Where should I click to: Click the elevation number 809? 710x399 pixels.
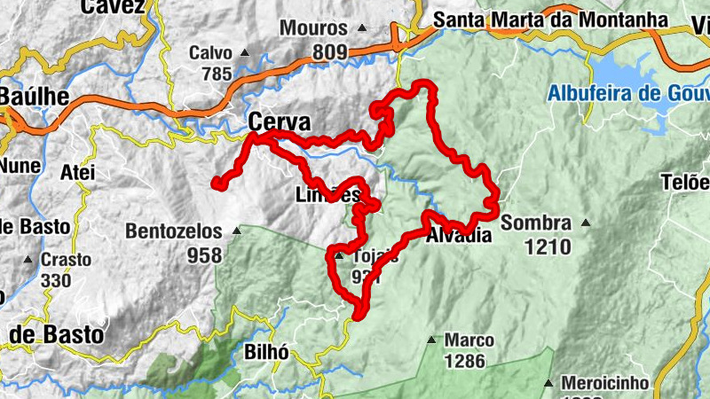[329, 53]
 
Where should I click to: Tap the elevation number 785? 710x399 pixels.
[217, 74]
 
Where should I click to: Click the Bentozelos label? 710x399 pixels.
[174, 231]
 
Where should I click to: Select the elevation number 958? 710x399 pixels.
[204, 255]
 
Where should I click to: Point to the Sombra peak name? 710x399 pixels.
[535, 223]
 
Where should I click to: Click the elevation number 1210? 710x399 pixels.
[548, 247]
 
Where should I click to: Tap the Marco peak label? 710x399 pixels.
[469, 340]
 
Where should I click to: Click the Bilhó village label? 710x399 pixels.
[265, 352]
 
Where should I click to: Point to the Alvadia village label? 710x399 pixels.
[458, 236]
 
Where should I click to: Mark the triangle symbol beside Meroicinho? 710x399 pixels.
[549, 383]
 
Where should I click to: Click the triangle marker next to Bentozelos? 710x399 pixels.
[236, 231]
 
